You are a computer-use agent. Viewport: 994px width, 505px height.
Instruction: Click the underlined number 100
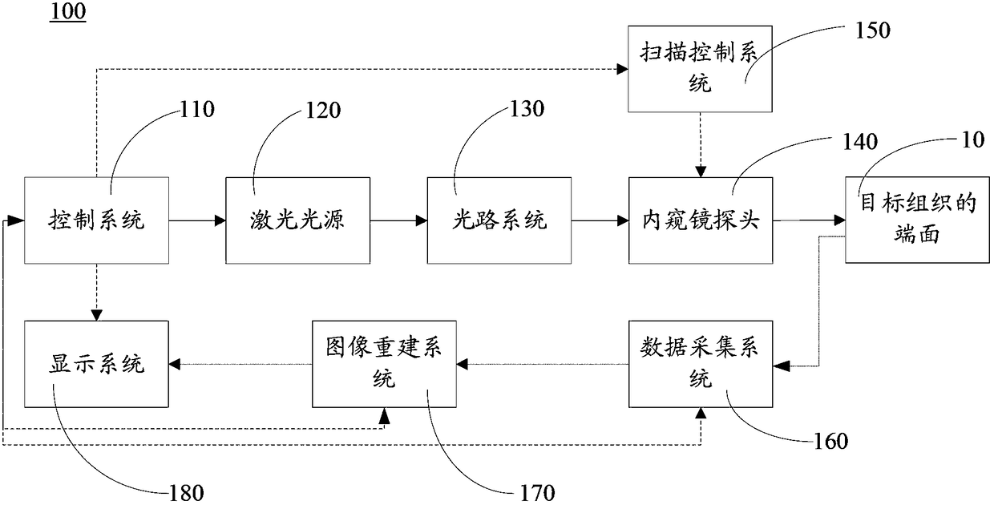pyautogui.click(x=68, y=11)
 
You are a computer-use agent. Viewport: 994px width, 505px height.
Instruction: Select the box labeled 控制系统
pyautogui.click(x=96, y=220)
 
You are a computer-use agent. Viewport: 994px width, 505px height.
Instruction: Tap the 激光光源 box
pyautogui.click(x=297, y=220)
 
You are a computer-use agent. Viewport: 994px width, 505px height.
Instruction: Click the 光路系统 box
pyautogui.click(x=499, y=220)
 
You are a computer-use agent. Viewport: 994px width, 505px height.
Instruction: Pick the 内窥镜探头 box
pyautogui.click(x=701, y=220)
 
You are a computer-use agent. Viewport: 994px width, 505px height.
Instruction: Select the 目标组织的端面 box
pyautogui.click(x=917, y=220)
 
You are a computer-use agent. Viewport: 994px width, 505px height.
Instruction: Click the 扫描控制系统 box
pyautogui.click(x=700, y=69)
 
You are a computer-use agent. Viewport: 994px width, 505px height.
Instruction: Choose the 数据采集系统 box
pyautogui.click(x=701, y=364)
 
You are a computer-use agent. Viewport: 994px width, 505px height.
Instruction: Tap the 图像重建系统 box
pyautogui.click(x=384, y=364)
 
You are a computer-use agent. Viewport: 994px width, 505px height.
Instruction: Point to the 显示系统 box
pyautogui.click(x=96, y=364)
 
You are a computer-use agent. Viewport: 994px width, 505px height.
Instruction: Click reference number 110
pyautogui.click(x=197, y=109)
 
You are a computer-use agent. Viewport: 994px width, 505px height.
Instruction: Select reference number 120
pyautogui.click(x=323, y=110)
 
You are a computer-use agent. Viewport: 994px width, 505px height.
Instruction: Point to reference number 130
pyautogui.click(x=527, y=109)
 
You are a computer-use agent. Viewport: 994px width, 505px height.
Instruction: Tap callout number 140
pyautogui.click(x=860, y=142)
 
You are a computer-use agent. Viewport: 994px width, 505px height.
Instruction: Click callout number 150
pyautogui.click(x=872, y=30)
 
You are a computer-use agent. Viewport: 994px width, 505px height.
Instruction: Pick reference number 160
pyautogui.click(x=830, y=442)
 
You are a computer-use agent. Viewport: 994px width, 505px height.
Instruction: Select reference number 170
pyautogui.click(x=537, y=493)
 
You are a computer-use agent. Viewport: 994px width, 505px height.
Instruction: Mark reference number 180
pyautogui.click(x=186, y=493)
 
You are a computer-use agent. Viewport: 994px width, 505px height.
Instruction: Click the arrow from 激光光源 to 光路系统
pyautogui.click(x=398, y=220)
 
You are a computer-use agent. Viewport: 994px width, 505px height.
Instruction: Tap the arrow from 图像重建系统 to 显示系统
pyautogui.click(x=240, y=365)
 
